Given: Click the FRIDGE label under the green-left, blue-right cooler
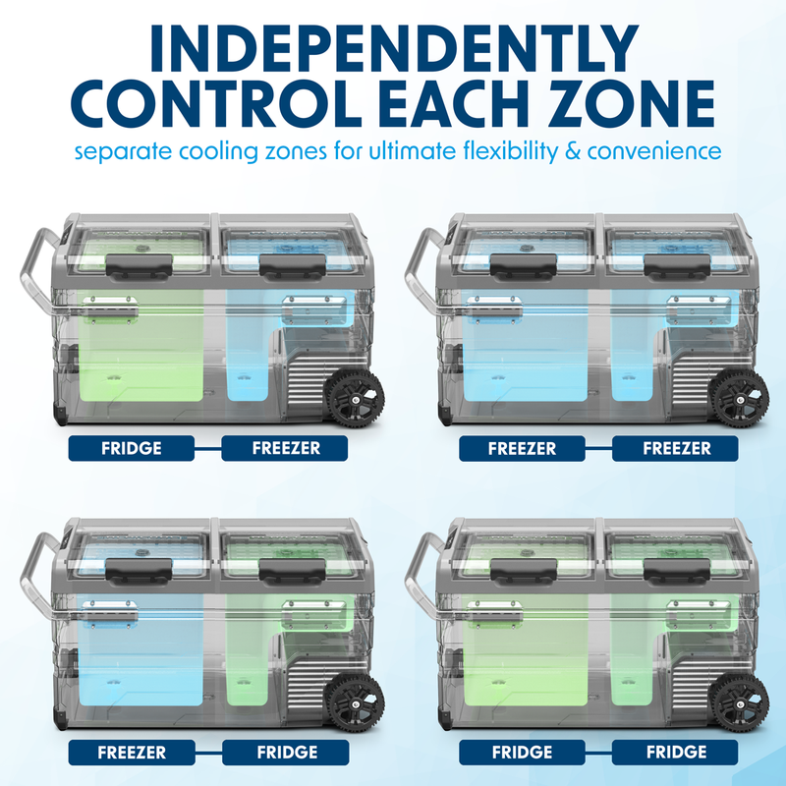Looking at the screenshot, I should click(x=132, y=449).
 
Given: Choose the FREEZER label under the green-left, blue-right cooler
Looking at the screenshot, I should click(x=285, y=449).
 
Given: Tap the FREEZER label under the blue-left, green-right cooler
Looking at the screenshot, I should click(x=132, y=753).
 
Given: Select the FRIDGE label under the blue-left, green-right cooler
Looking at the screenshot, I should click(x=285, y=753).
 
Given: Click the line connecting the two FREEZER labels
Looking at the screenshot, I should click(x=598, y=449).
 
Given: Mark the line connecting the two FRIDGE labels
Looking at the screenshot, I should click(x=598, y=753).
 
